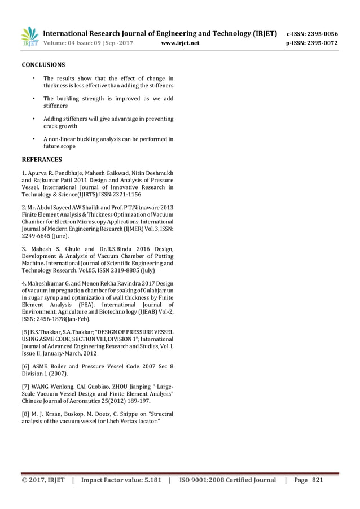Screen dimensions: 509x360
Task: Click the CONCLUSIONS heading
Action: (43, 65)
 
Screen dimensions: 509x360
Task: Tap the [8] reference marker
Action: (25, 413)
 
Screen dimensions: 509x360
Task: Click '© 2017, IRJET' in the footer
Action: (42, 480)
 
